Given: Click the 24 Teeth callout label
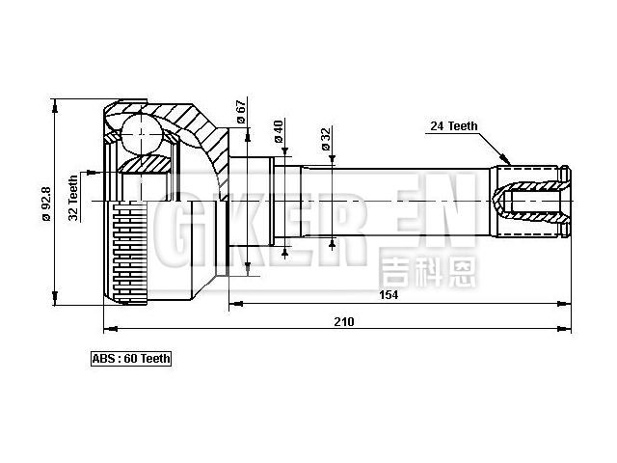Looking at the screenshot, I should click(452, 125).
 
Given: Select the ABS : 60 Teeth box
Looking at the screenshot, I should click(130, 359).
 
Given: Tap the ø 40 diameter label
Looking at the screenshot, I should click(279, 132).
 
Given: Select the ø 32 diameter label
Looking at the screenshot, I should click(326, 140).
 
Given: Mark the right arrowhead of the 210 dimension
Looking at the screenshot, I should click(566, 329).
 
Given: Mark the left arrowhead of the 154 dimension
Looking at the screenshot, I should click(234, 305).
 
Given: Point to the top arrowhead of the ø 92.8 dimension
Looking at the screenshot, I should click(56, 101).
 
